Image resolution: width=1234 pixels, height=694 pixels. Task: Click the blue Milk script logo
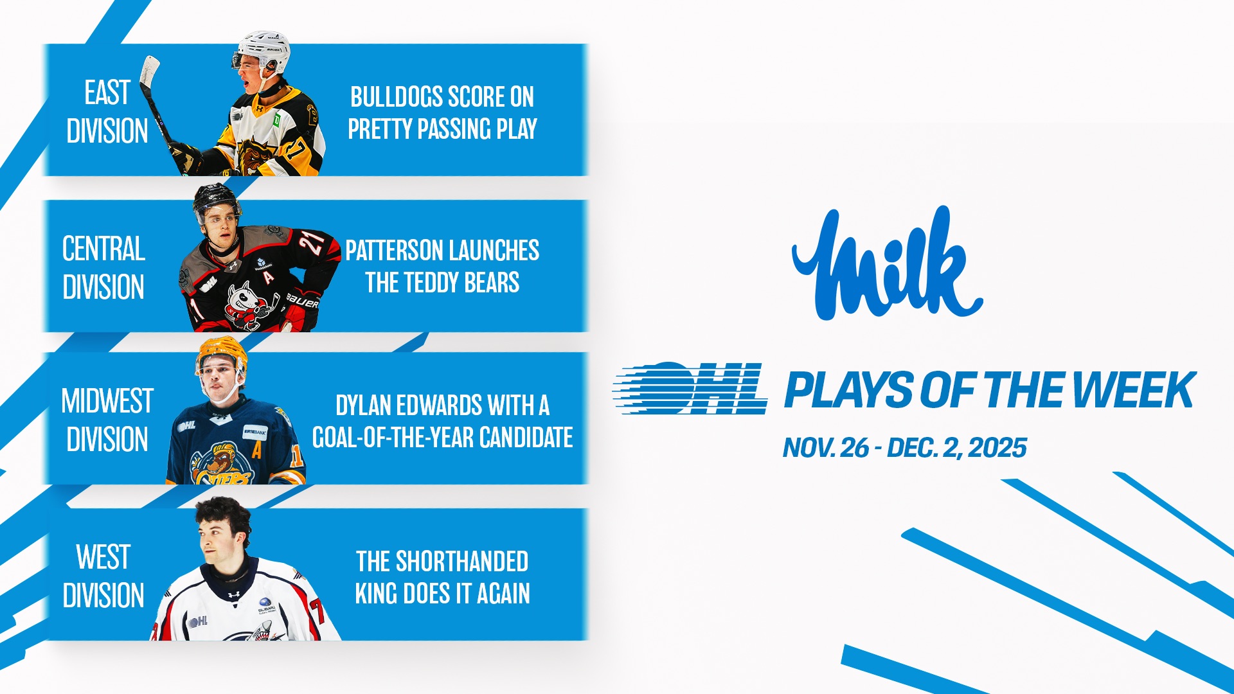(887, 263)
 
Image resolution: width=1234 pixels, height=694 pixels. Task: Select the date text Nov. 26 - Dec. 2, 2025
(904, 448)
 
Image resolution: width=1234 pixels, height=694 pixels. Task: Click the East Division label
(107, 112)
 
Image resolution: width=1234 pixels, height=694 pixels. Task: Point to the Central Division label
(103, 267)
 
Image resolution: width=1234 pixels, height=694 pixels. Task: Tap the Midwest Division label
(107, 420)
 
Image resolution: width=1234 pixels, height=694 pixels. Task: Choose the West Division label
(103, 576)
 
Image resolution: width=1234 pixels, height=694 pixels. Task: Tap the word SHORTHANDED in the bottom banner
(462, 562)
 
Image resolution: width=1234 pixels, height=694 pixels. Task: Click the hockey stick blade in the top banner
(150, 71)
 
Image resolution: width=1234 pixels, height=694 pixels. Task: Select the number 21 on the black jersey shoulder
(313, 242)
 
